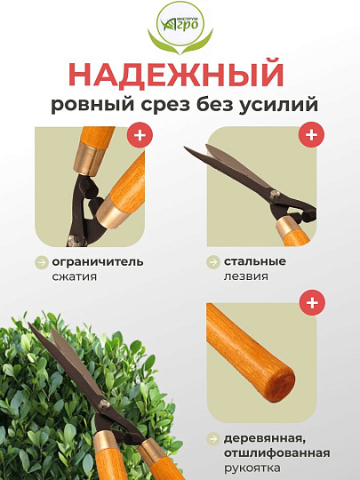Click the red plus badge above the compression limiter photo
tap(139, 136)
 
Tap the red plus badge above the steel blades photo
tap(310, 136)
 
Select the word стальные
tap(254, 261)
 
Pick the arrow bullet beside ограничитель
tap(41, 262)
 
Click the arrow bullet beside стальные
tap(213, 262)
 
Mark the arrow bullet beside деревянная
tap(213, 438)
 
